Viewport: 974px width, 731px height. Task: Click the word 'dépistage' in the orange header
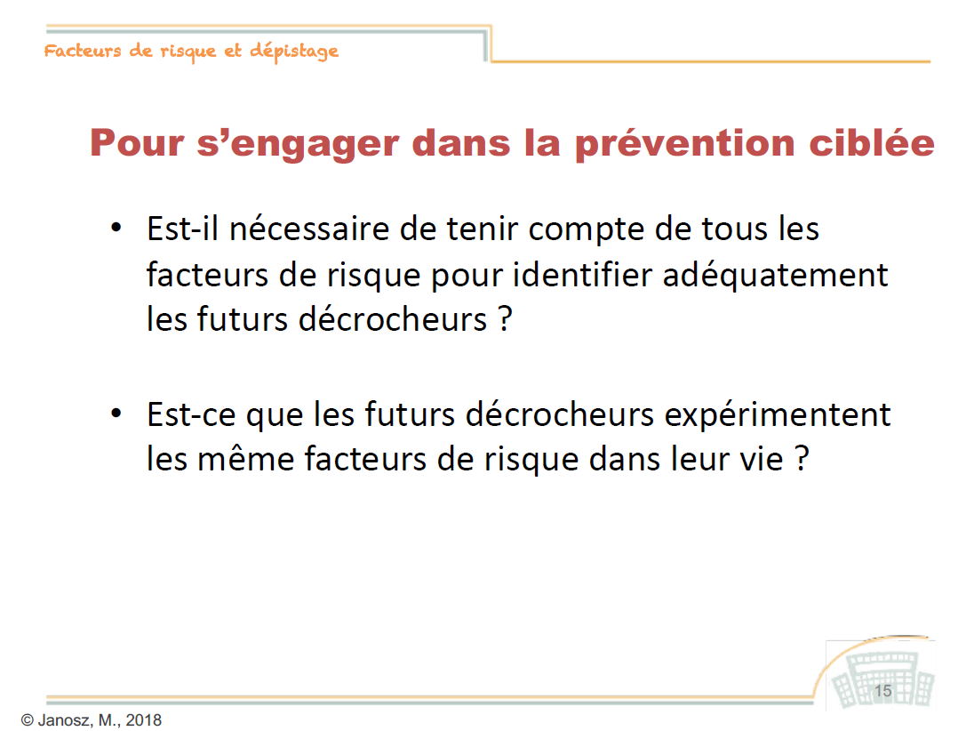point(294,52)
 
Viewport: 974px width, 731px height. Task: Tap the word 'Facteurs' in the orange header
point(82,51)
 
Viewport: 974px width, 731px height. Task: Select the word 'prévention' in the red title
point(684,143)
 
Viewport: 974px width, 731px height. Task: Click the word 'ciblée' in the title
point(872,142)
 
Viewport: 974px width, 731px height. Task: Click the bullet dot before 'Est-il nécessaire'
point(116,228)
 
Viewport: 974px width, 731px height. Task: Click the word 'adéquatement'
point(775,276)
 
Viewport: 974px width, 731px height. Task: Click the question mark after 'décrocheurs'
point(506,319)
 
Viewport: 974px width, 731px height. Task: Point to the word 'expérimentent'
point(778,415)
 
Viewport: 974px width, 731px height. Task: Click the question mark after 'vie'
point(802,459)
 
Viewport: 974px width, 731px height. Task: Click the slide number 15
point(882,691)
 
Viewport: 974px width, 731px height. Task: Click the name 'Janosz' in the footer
point(65,719)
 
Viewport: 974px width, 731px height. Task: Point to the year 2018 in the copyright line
point(143,719)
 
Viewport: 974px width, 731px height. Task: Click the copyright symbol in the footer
point(27,719)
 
